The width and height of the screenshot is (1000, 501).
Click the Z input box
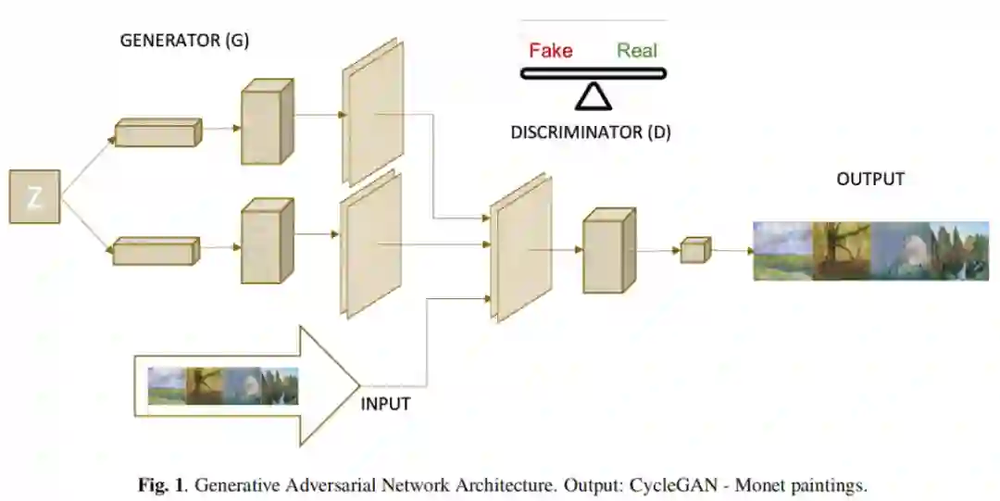tap(34, 196)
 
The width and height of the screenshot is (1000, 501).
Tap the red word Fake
tap(550, 50)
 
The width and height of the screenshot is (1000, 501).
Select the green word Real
tap(637, 50)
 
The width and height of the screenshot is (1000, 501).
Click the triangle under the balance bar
tap(592, 94)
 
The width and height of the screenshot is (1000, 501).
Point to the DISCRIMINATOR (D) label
tap(591, 132)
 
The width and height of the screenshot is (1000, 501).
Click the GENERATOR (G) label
tap(184, 42)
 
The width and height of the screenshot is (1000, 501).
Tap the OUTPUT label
tap(870, 179)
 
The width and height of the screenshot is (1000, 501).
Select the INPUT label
tap(385, 405)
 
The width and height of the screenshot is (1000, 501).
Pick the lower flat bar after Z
tap(156, 251)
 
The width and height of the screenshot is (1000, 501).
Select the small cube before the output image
tap(694, 250)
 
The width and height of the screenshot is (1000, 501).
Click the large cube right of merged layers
tap(609, 251)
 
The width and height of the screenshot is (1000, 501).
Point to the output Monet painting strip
tap(870, 250)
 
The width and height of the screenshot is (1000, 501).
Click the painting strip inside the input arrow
tap(223, 386)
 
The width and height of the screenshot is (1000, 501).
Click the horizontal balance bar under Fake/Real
tap(593, 73)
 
